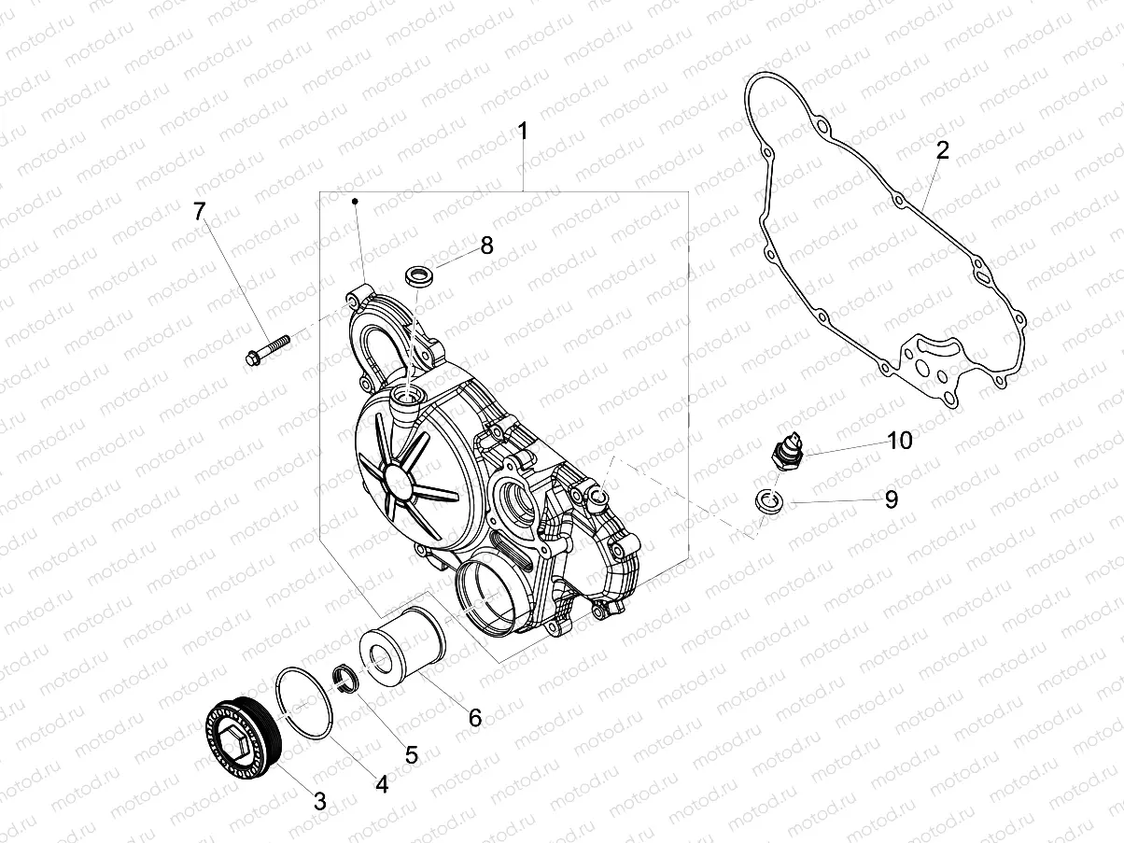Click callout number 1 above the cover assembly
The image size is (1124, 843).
click(x=523, y=131)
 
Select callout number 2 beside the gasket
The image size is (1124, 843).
click(x=943, y=150)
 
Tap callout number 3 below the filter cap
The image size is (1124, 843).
click(x=319, y=799)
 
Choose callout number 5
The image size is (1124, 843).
click(x=411, y=754)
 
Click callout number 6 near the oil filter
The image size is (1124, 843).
click(x=474, y=717)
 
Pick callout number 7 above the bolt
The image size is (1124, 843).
click(x=199, y=211)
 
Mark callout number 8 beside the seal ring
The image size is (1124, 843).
click(x=486, y=246)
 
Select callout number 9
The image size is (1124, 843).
click(x=891, y=499)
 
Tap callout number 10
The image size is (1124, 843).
click(x=899, y=441)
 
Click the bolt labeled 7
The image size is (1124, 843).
click(x=266, y=350)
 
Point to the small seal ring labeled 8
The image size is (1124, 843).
click(x=419, y=276)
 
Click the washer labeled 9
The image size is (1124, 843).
click(x=769, y=500)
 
